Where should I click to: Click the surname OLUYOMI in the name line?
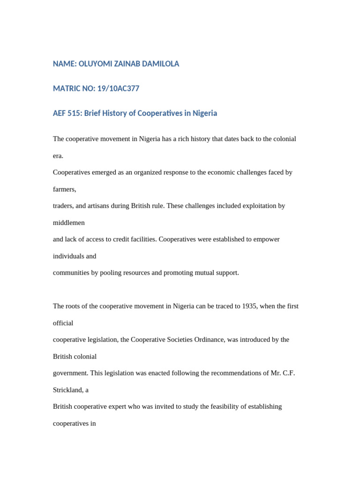tap(96, 64)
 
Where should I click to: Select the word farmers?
tap(64, 189)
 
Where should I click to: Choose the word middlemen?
tap(69, 223)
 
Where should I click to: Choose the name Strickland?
tap(69, 390)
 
